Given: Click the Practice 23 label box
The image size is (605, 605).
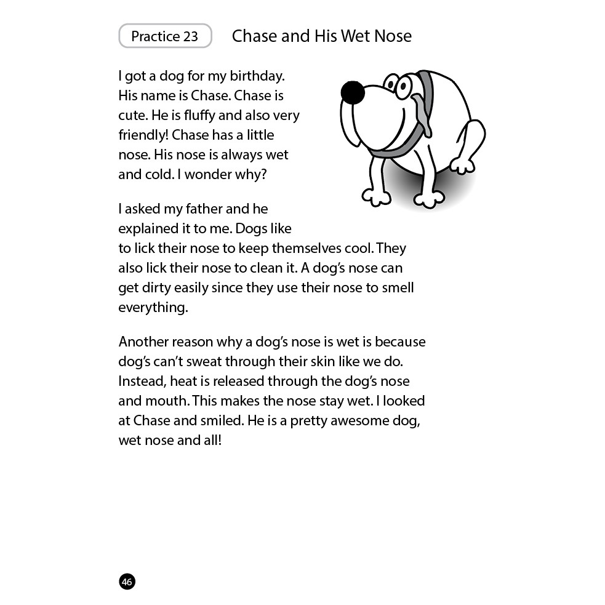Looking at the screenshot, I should tap(165, 36).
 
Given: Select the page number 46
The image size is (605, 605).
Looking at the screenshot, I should tap(127, 582).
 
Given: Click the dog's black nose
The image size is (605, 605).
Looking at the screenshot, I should tap(353, 92).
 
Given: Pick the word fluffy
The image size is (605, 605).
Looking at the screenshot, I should tap(205, 116).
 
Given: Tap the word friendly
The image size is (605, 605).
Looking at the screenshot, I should tap(142, 135).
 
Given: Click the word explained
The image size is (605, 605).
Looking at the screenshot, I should tap(146, 229).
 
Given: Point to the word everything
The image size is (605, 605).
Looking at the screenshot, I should tap(153, 308).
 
